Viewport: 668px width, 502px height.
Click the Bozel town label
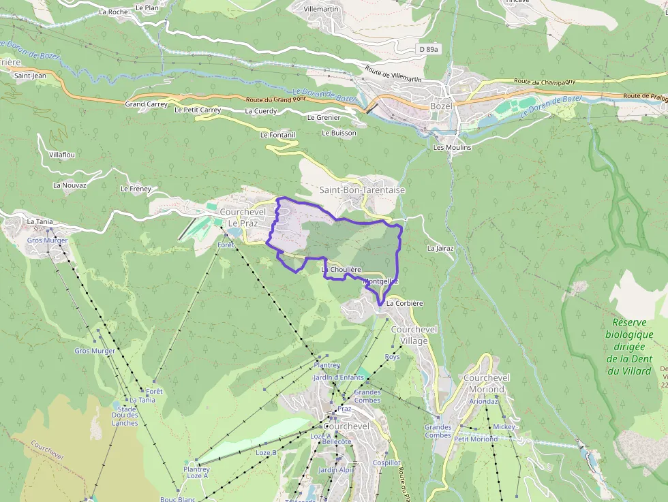[441, 106]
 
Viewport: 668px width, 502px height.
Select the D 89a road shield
[429, 49]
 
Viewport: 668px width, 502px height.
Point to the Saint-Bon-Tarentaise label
[362, 190]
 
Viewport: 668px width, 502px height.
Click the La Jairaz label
[440, 249]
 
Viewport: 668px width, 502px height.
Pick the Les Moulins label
[452, 147]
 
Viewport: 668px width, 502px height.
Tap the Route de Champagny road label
[545, 82]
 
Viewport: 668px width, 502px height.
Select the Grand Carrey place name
[146, 104]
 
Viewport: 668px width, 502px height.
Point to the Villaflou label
[62, 155]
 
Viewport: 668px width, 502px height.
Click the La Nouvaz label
[70, 185]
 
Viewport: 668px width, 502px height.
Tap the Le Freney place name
[135, 189]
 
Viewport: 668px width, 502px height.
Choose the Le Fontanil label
[277, 135]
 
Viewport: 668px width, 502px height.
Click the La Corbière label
[405, 303]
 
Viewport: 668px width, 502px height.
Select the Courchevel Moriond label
[487, 383]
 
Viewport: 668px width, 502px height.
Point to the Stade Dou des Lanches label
[125, 415]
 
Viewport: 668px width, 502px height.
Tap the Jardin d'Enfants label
[338, 377]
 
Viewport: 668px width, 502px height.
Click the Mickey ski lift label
[504, 426]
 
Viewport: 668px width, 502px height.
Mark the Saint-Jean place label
[30, 76]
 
